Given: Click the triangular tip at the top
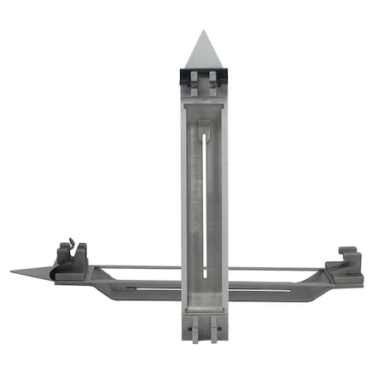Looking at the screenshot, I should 204,51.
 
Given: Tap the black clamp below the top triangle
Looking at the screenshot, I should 204,78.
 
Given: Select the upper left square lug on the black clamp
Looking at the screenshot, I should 195,78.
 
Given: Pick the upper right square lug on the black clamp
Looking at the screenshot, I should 212,78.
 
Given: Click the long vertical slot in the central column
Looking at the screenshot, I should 204,205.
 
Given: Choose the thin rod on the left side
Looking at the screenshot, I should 137,267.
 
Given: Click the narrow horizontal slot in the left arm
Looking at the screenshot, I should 145,288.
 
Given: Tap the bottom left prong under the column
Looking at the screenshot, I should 195,329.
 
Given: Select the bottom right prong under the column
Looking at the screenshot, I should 213,329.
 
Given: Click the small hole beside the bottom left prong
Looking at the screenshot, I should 189,324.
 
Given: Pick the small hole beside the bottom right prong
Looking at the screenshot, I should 219,324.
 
